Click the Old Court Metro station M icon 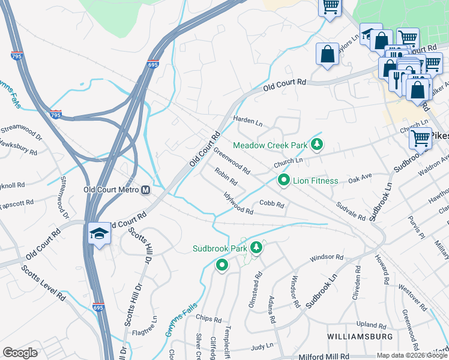(145, 191)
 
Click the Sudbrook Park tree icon (257, 247)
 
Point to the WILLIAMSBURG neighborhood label (360, 335)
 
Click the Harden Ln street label (248, 122)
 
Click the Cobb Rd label (271, 205)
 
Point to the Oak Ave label (360, 179)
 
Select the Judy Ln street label (262, 347)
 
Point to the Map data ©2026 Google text (411, 355)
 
